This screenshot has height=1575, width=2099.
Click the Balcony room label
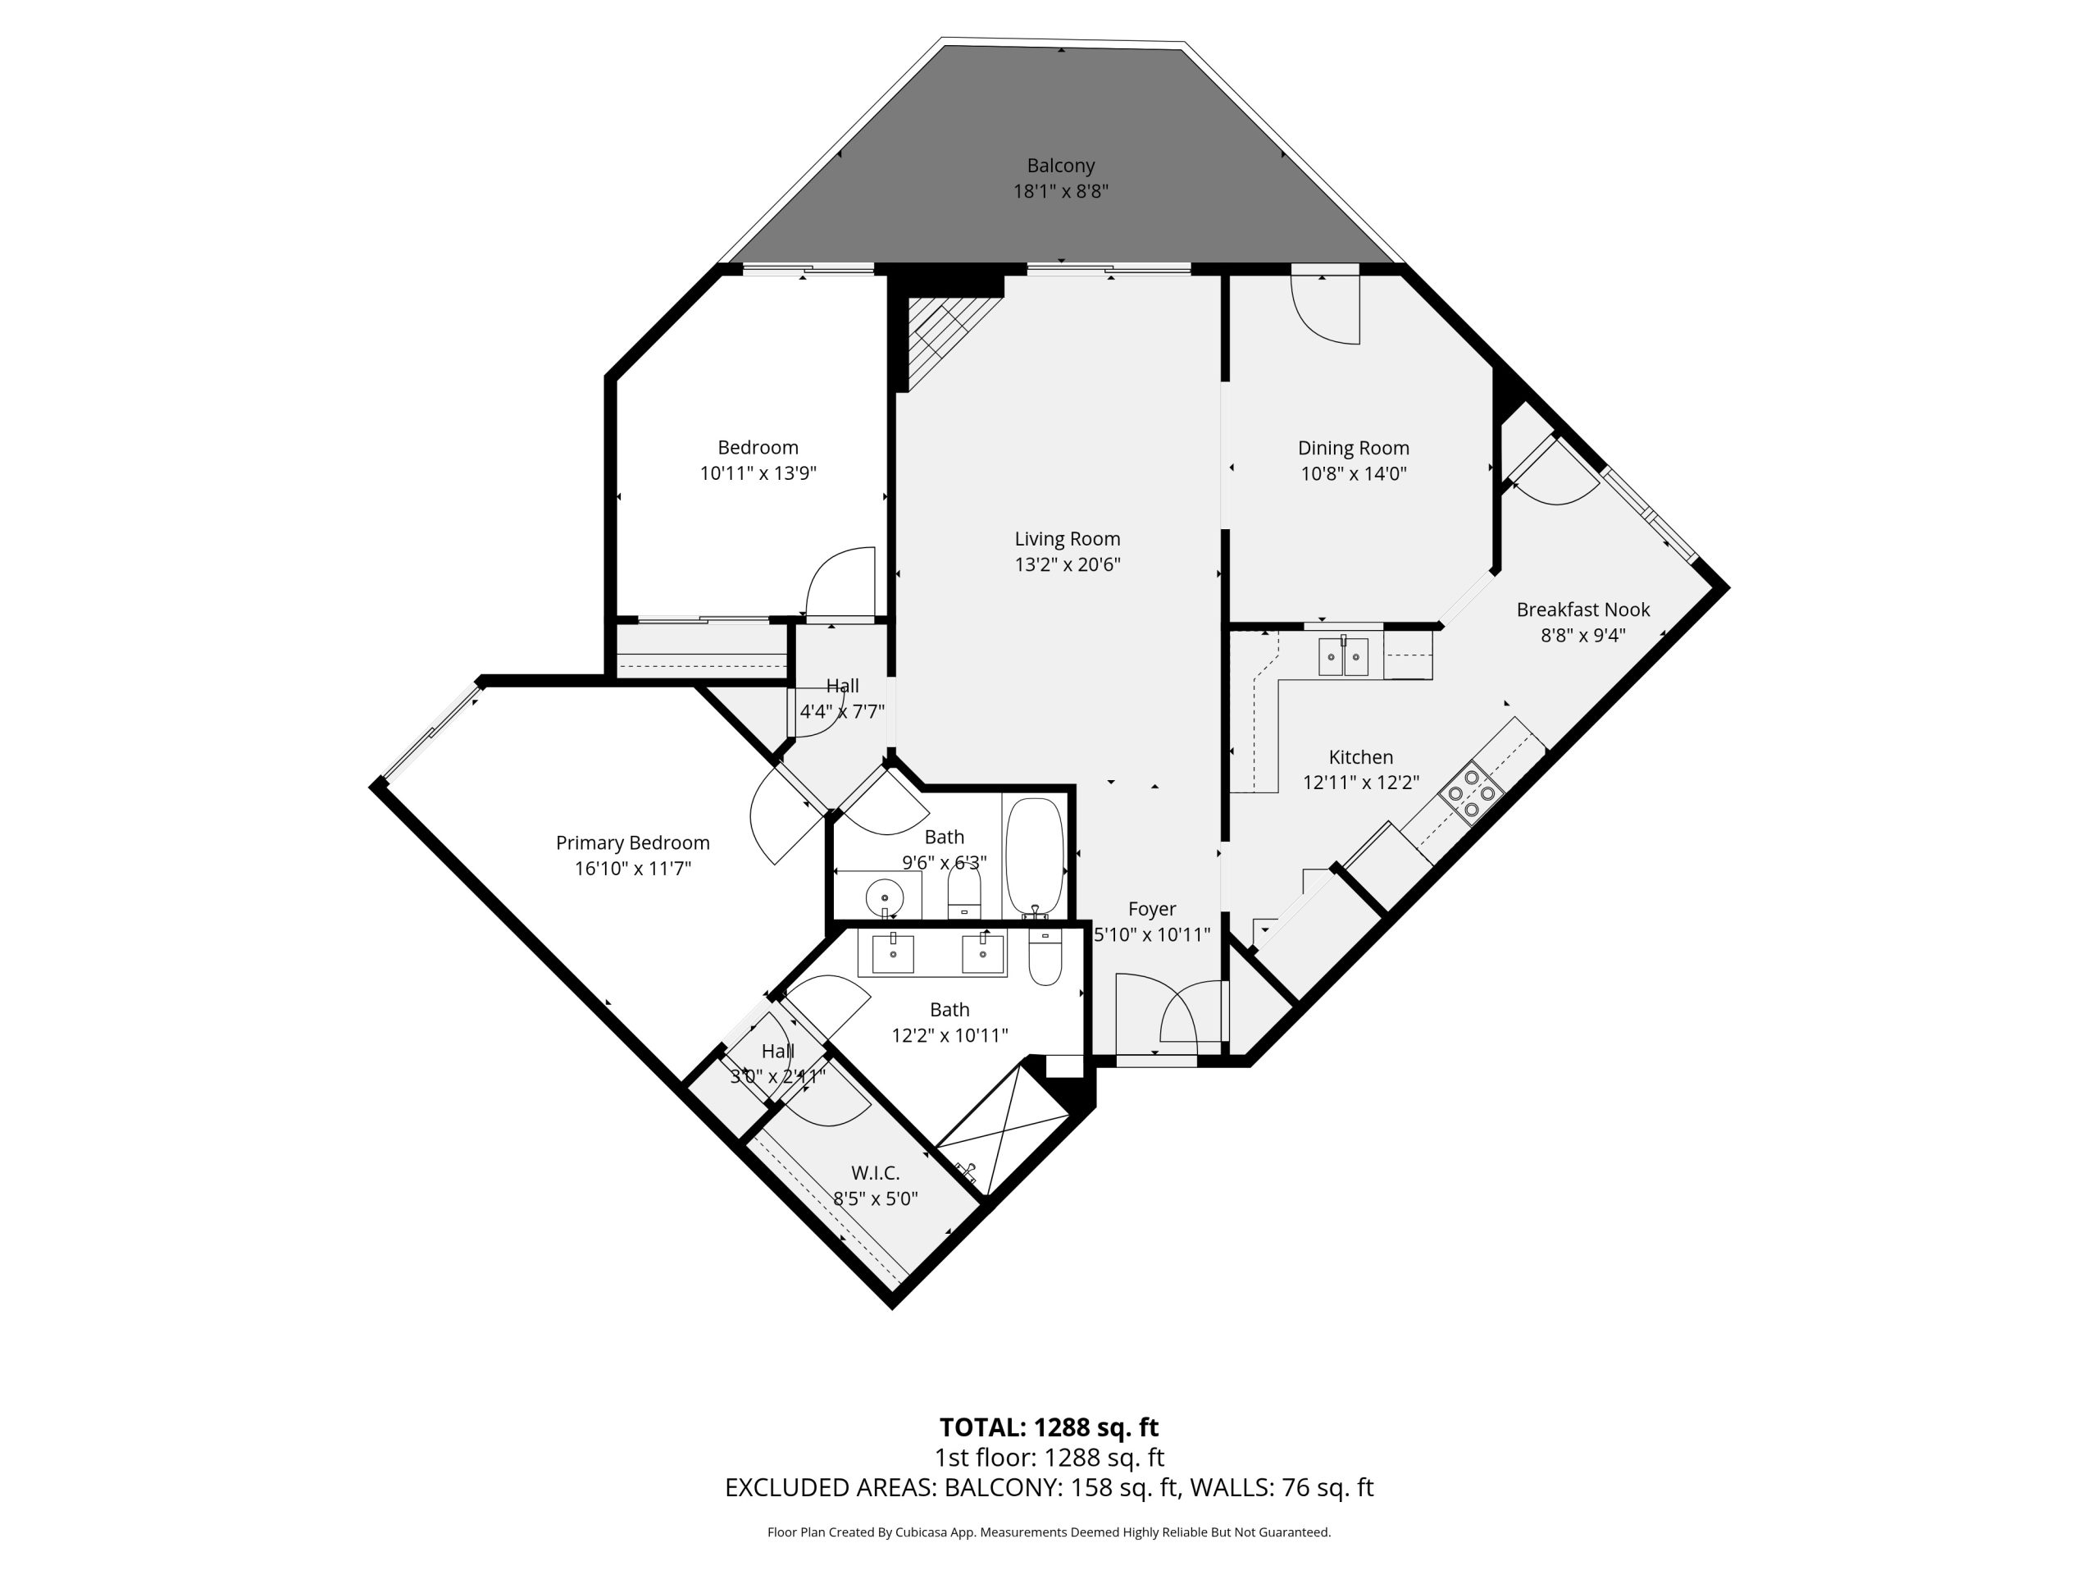(1060, 165)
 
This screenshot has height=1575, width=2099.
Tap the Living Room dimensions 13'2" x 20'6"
(1068, 564)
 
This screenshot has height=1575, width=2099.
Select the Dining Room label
(1353, 448)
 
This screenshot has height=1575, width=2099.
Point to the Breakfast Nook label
(1582, 609)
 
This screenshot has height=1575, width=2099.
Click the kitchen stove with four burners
(1471, 789)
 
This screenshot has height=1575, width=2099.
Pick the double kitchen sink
(1343, 656)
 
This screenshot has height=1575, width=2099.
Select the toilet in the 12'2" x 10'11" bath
(1045, 957)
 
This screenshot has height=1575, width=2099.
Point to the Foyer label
(1152, 909)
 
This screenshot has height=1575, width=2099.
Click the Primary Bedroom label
(632, 843)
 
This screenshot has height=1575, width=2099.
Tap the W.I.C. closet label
(875, 1173)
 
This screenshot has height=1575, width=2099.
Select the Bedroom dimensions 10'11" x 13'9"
(758, 472)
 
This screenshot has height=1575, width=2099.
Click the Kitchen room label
(1361, 756)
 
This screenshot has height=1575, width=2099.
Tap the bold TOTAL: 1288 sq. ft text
(1049, 1427)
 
